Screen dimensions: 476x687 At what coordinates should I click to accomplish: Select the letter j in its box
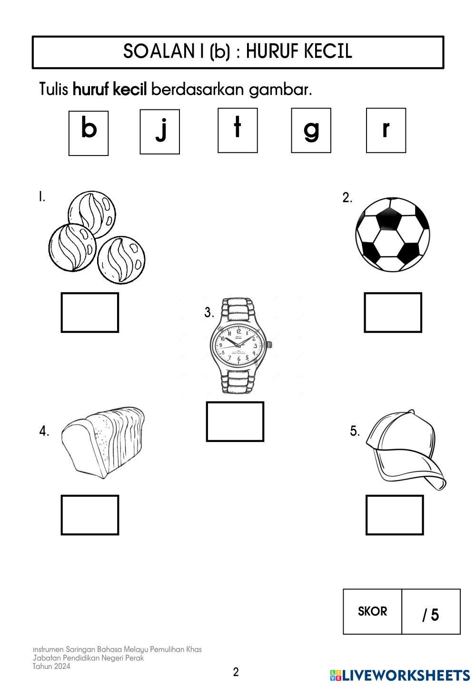160,131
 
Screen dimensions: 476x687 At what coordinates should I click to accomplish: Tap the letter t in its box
238,130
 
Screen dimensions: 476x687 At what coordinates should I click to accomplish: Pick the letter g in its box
311,130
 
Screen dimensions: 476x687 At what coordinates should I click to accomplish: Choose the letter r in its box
386,130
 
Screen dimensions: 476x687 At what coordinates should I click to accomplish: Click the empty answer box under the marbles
90,313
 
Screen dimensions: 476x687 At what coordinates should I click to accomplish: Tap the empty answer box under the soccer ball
393,313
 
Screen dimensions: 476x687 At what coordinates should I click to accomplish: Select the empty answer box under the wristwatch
235,422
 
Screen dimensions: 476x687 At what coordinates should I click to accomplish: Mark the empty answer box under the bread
90,515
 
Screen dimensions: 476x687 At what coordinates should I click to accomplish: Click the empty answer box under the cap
395,515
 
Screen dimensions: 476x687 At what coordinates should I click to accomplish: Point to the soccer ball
393,235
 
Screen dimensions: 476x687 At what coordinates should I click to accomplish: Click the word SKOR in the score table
372,611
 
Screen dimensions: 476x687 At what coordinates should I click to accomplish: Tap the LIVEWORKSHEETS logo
400,675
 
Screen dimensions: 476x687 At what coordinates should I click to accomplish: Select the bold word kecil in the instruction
130,89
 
